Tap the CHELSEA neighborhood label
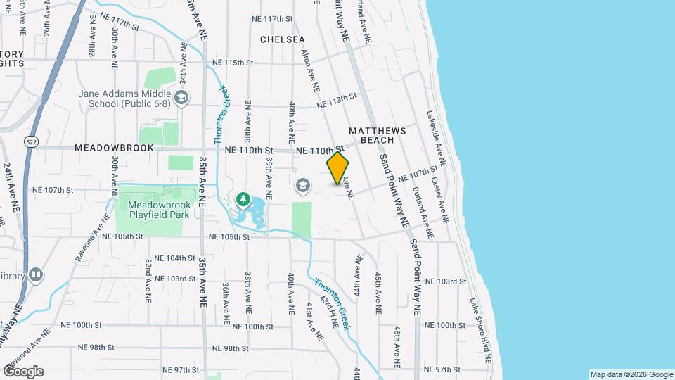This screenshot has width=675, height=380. click(x=283, y=39)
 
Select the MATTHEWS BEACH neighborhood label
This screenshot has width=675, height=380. click(x=378, y=135)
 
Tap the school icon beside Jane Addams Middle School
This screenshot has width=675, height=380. click(x=182, y=97)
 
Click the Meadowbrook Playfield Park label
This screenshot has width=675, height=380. click(x=158, y=208)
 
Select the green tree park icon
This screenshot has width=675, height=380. click(x=243, y=199)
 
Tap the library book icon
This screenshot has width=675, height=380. click(x=36, y=274)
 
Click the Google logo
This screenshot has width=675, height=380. click(x=23, y=372)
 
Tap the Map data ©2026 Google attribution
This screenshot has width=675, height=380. click(x=631, y=374)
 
